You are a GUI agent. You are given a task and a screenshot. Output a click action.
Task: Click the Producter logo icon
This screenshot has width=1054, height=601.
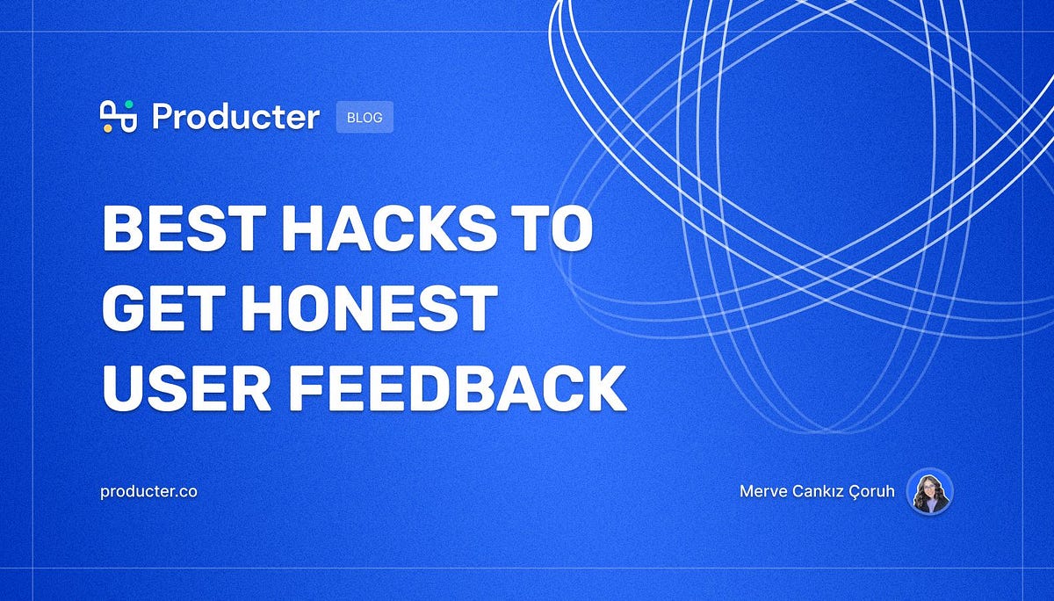(x=119, y=116)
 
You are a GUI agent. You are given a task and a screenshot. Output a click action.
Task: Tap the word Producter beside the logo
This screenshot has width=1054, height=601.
(x=235, y=116)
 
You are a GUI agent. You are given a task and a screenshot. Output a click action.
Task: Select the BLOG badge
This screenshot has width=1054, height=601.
(x=365, y=117)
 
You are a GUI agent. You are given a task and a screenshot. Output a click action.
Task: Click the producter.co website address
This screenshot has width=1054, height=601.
(x=149, y=491)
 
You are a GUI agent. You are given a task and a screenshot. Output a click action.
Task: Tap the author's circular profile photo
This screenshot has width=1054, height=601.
(x=929, y=491)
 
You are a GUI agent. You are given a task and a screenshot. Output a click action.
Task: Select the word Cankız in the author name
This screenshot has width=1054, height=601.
(x=812, y=491)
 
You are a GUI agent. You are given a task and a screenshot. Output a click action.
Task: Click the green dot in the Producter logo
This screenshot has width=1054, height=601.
(x=129, y=105)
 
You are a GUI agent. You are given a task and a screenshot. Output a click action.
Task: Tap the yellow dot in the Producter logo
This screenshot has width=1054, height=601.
(x=107, y=128)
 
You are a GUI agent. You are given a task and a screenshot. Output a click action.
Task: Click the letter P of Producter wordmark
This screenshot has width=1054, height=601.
(x=162, y=116)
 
